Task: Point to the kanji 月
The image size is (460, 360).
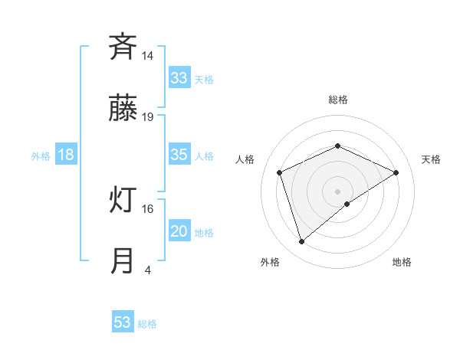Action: pyautogui.click(x=123, y=260)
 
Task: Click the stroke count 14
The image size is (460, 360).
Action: pyautogui.click(x=148, y=56)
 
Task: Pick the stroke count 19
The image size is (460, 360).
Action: pyautogui.click(x=148, y=117)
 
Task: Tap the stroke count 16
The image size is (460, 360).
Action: pyautogui.click(x=148, y=208)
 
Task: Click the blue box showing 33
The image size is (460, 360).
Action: pyautogui.click(x=179, y=78)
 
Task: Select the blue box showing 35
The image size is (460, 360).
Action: pyautogui.click(x=179, y=155)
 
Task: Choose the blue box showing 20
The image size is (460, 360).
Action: pyautogui.click(x=179, y=231)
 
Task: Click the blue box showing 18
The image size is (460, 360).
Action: pyautogui.click(x=66, y=155)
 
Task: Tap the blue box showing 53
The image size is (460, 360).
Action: pyautogui.click(x=123, y=322)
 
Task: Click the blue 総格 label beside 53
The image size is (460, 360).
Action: pyautogui.click(x=147, y=324)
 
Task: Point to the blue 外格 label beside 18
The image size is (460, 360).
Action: pyautogui.click(x=41, y=156)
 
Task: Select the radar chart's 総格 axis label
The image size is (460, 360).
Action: pyautogui.click(x=338, y=100)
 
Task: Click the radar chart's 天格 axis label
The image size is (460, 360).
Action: pyautogui.click(x=432, y=159)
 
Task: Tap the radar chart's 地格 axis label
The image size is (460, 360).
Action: pyautogui.click(x=402, y=262)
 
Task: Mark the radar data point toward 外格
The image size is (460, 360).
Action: pyautogui.click(x=301, y=242)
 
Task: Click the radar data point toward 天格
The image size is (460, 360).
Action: pyautogui.click(x=396, y=172)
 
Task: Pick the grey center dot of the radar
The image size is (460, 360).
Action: pyautogui.click(x=338, y=191)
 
